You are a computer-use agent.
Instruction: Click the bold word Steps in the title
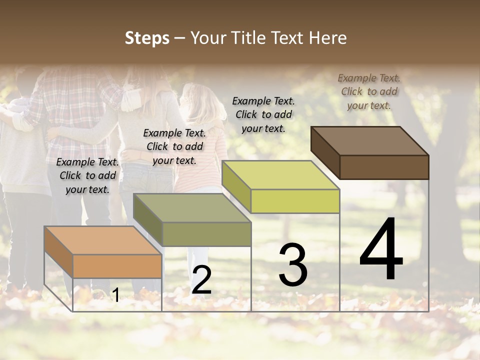[147, 38]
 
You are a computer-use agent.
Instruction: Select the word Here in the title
[328, 38]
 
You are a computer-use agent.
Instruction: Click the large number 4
[381, 250]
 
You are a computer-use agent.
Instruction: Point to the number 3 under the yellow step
[293, 265]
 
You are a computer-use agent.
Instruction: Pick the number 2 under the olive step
[201, 280]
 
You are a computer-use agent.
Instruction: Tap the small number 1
[115, 295]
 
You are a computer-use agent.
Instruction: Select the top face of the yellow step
[280, 175]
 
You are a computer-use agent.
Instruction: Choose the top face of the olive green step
[192, 208]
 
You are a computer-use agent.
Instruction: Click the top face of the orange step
[103, 240]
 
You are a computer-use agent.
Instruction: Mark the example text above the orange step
[87, 175]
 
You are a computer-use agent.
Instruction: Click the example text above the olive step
[174, 146]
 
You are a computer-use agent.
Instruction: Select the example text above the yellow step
[263, 114]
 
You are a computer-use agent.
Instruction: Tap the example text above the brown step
[369, 91]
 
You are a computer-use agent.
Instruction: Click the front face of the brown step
[384, 167]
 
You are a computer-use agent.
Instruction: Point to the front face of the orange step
[117, 266]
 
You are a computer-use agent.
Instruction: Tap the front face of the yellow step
[295, 201]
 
